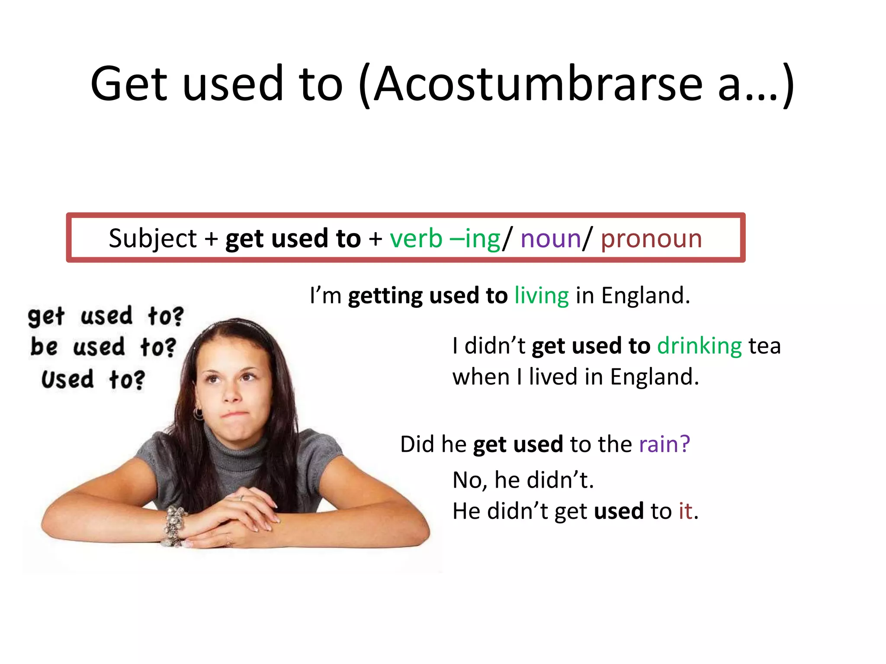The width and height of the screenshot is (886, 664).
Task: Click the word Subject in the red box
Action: (x=153, y=239)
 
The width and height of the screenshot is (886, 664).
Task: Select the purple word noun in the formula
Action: (x=550, y=239)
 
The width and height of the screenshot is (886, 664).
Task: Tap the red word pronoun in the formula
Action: (x=651, y=239)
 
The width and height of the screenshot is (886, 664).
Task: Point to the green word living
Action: (x=541, y=296)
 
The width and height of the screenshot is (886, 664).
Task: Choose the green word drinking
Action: (x=699, y=346)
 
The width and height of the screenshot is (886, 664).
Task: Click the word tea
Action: (x=764, y=346)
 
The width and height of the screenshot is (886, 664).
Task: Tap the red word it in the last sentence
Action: (x=685, y=511)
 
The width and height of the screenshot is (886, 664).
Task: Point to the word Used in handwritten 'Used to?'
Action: (x=67, y=379)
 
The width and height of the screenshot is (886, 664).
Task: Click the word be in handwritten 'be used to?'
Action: (x=44, y=347)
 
